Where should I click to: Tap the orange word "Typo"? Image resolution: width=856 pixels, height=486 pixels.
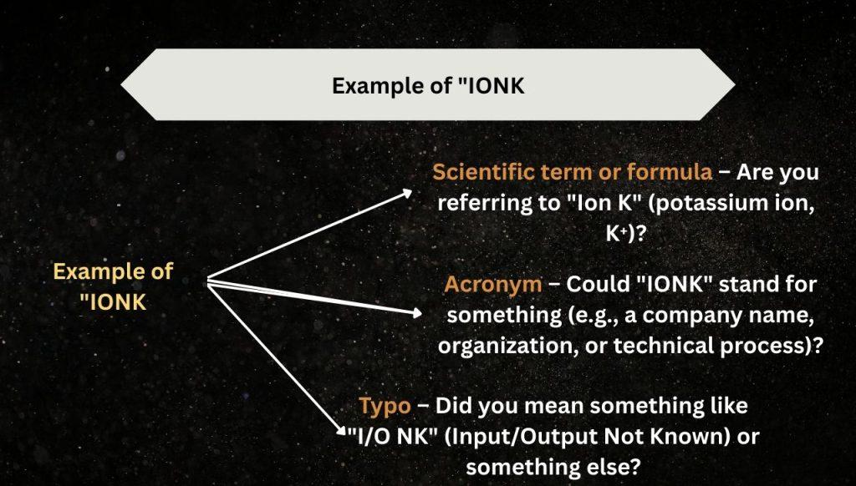(385, 406)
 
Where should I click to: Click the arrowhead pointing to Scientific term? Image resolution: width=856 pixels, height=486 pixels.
(407, 192)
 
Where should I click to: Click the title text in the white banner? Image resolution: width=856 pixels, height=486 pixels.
(428, 86)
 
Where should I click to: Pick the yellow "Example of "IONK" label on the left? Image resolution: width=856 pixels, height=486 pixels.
(113, 286)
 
